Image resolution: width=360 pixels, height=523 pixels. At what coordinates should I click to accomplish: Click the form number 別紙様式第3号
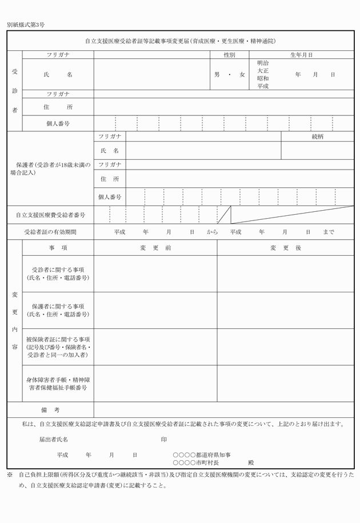point(26,25)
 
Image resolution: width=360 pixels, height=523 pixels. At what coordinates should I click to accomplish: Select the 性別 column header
point(229,55)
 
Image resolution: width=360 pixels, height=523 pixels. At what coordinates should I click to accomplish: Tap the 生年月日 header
point(301,55)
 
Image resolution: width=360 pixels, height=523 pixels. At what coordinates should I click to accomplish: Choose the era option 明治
point(263,63)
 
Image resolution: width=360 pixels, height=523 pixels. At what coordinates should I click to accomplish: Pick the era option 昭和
point(263,78)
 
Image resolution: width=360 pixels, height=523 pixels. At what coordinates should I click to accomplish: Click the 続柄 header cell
point(318,136)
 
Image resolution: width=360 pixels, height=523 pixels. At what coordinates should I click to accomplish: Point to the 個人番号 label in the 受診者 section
point(58,123)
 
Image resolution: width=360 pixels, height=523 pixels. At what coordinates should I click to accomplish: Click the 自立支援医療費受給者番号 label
point(50,215)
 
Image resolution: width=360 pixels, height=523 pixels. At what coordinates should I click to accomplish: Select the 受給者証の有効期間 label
point(50,232)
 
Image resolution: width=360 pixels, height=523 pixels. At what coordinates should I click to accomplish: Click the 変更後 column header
point(285,248)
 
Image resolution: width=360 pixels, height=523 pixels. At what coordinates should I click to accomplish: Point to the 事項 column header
point(58,248)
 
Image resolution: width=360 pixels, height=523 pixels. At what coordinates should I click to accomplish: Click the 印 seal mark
point(163,440)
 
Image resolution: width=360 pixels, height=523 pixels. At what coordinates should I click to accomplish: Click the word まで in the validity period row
point(329,232)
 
